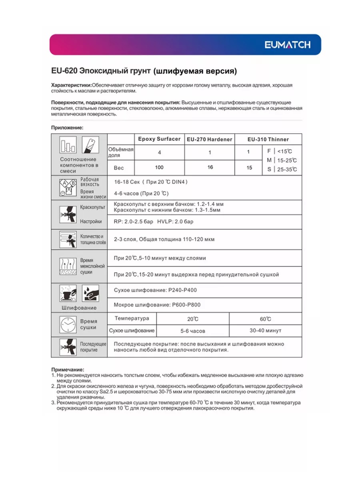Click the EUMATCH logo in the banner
coord(287,45)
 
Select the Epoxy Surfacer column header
coord(159,139)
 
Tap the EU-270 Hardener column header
coord(209,140)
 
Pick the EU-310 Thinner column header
coord(268,140)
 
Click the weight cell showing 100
coord(159,167)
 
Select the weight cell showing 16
coord(210,167)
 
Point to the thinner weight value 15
coord(249,168)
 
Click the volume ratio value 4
coord(159,152)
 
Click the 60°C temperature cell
coord(265,319)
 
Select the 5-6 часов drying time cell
coord(192,331)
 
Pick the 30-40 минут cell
coord(265,331)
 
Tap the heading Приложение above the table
coord(67,128)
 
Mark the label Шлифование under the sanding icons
coord(79,308)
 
